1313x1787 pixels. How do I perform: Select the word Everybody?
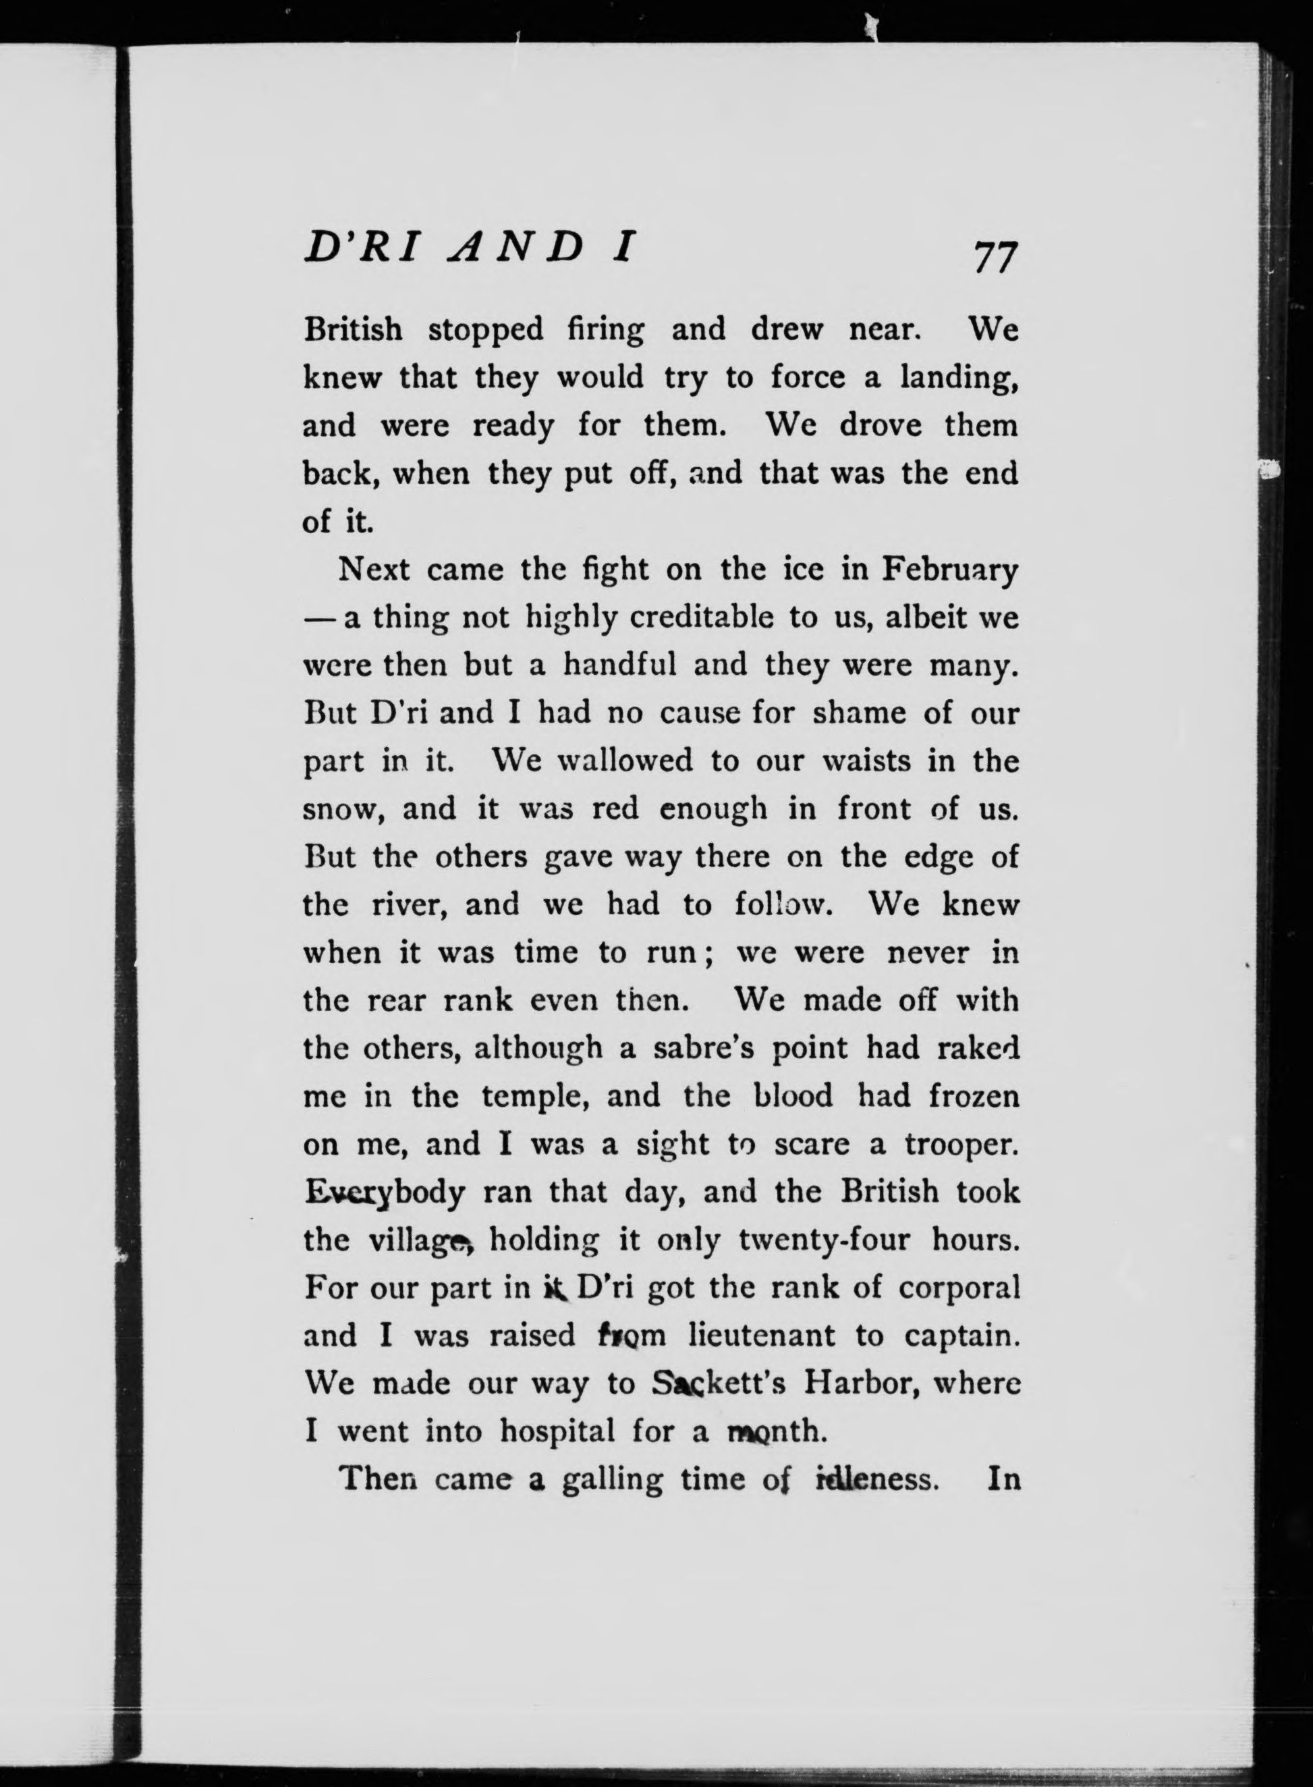click(x=384, y=1194)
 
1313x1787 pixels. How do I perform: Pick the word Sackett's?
click(x=719, y=1384)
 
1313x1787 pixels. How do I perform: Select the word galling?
click(x=612, y=1481)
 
